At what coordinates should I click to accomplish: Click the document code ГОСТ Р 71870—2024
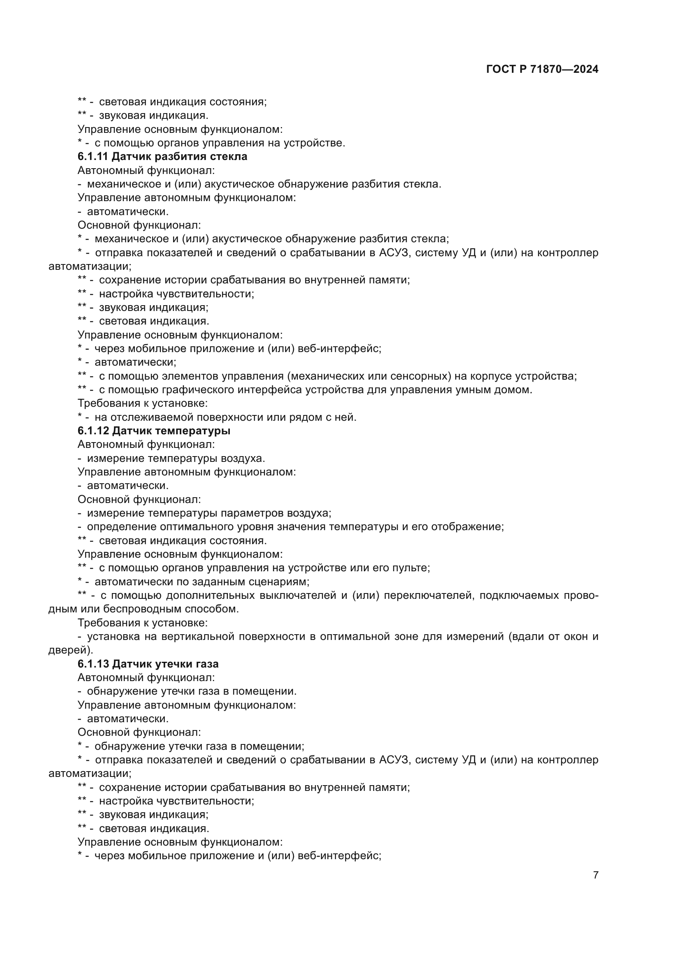coord(542,69)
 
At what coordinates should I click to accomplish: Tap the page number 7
coord(595,875)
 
